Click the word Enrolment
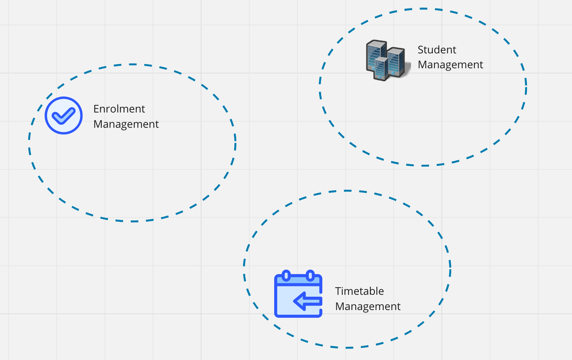[119, 109]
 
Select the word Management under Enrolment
[126, 125]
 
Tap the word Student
[437, 50]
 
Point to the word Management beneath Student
[450, 65]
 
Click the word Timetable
[359, 291]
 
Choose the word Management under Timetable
[368, 307]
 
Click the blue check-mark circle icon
[64, 116]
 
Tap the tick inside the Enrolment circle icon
[63, 116]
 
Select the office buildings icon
[388, 61]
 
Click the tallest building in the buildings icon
[376, 55]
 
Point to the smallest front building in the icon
[381, 69]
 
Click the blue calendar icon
[298, 294]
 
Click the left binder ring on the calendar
[286, 275]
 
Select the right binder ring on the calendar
[310, 275]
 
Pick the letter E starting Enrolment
[96, 109]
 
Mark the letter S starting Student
[421, 50]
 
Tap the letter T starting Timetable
[338, 291]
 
